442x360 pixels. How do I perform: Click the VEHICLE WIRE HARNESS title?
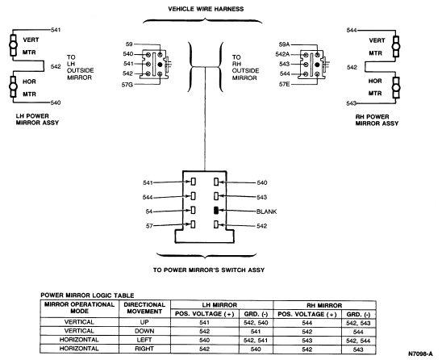pos(206,9)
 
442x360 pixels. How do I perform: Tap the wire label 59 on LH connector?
pos(129,44)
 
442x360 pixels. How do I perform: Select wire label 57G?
pos(127,85)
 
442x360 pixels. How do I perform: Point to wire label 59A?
pos(284,44)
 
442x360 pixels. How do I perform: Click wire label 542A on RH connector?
pos(282,54)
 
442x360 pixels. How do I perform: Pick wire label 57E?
pos(284,84)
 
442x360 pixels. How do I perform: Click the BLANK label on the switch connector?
pos(267,211)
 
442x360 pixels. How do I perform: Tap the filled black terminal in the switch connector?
pos(216,211)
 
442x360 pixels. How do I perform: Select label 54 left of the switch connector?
pos(149,211)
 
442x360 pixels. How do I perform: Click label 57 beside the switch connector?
pos(149,226)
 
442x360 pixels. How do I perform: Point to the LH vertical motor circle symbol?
pos(13,45)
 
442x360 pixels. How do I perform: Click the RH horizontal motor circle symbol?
pos(396,88)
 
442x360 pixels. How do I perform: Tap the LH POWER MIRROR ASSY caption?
pos(37,119)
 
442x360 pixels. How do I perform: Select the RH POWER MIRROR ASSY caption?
pos(377,120)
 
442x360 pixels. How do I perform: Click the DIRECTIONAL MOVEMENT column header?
pos(144,308)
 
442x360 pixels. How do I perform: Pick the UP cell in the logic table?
pos(144,322)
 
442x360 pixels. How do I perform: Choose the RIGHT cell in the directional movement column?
pos(144,349)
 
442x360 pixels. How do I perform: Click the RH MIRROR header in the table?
pos(324,305)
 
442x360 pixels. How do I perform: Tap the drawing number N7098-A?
pos(420,354)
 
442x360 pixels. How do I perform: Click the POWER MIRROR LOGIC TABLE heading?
pos(87,295)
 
